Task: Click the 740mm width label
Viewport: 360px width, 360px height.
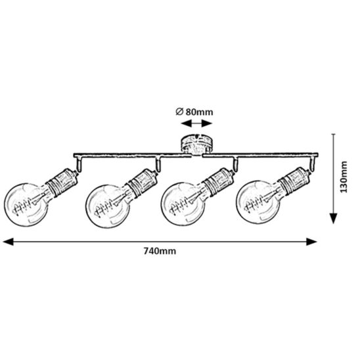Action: coord(160,251)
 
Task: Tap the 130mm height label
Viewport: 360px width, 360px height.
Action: coord(344,177)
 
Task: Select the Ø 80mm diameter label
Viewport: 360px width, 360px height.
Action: coord(194,112)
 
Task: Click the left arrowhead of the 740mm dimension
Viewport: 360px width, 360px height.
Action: coord(9,242)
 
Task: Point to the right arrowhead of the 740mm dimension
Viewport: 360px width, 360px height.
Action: coord(311,242)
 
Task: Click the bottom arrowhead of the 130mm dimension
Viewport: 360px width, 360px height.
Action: coord(333,218)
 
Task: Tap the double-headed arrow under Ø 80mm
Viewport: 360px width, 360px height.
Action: coord(196,124)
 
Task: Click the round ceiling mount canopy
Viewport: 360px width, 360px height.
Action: coord(196,144)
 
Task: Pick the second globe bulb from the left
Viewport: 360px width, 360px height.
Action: coord(108,206)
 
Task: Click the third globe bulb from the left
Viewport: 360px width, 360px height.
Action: coord(184,204)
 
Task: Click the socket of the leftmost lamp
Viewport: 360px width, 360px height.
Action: coord(62,181)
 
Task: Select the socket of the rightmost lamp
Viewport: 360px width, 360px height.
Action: coord(295,179)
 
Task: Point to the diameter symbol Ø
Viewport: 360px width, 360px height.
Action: coord(179,112)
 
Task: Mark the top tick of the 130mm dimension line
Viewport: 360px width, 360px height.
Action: coord(333,134)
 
